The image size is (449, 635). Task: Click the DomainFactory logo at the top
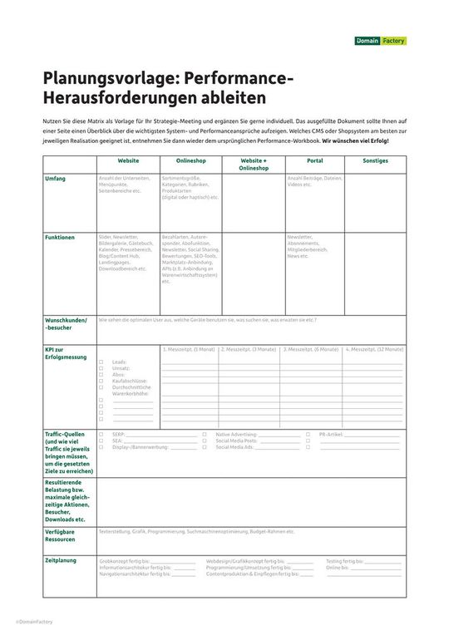pyautogui.click(x=381, y=41)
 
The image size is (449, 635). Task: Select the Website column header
pyautogui.click(x=128, y=160)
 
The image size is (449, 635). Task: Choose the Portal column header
pyautogui.click(x=314, y=160)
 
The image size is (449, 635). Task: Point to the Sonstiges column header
pyautogui.click(x=375, y=160)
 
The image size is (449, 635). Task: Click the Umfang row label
pyautogui.click(x=57, y=179)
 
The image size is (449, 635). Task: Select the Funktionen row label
pyautogui.click(x=60, y=237)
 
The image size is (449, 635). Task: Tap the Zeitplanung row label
pyautogui.click(x=61, y=560)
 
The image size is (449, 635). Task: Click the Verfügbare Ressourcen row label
pyautogui.click(x=64, y=534)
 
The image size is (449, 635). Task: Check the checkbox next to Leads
pyautogui.click(x=101, y=362)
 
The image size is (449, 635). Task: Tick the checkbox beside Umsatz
pyautogui.click(x=101, y=368)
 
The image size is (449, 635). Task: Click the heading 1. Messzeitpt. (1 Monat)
pyautogui.click(x=189, y=350)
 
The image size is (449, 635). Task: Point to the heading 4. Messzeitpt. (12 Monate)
pyautogui.click(x=375, y=350)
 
